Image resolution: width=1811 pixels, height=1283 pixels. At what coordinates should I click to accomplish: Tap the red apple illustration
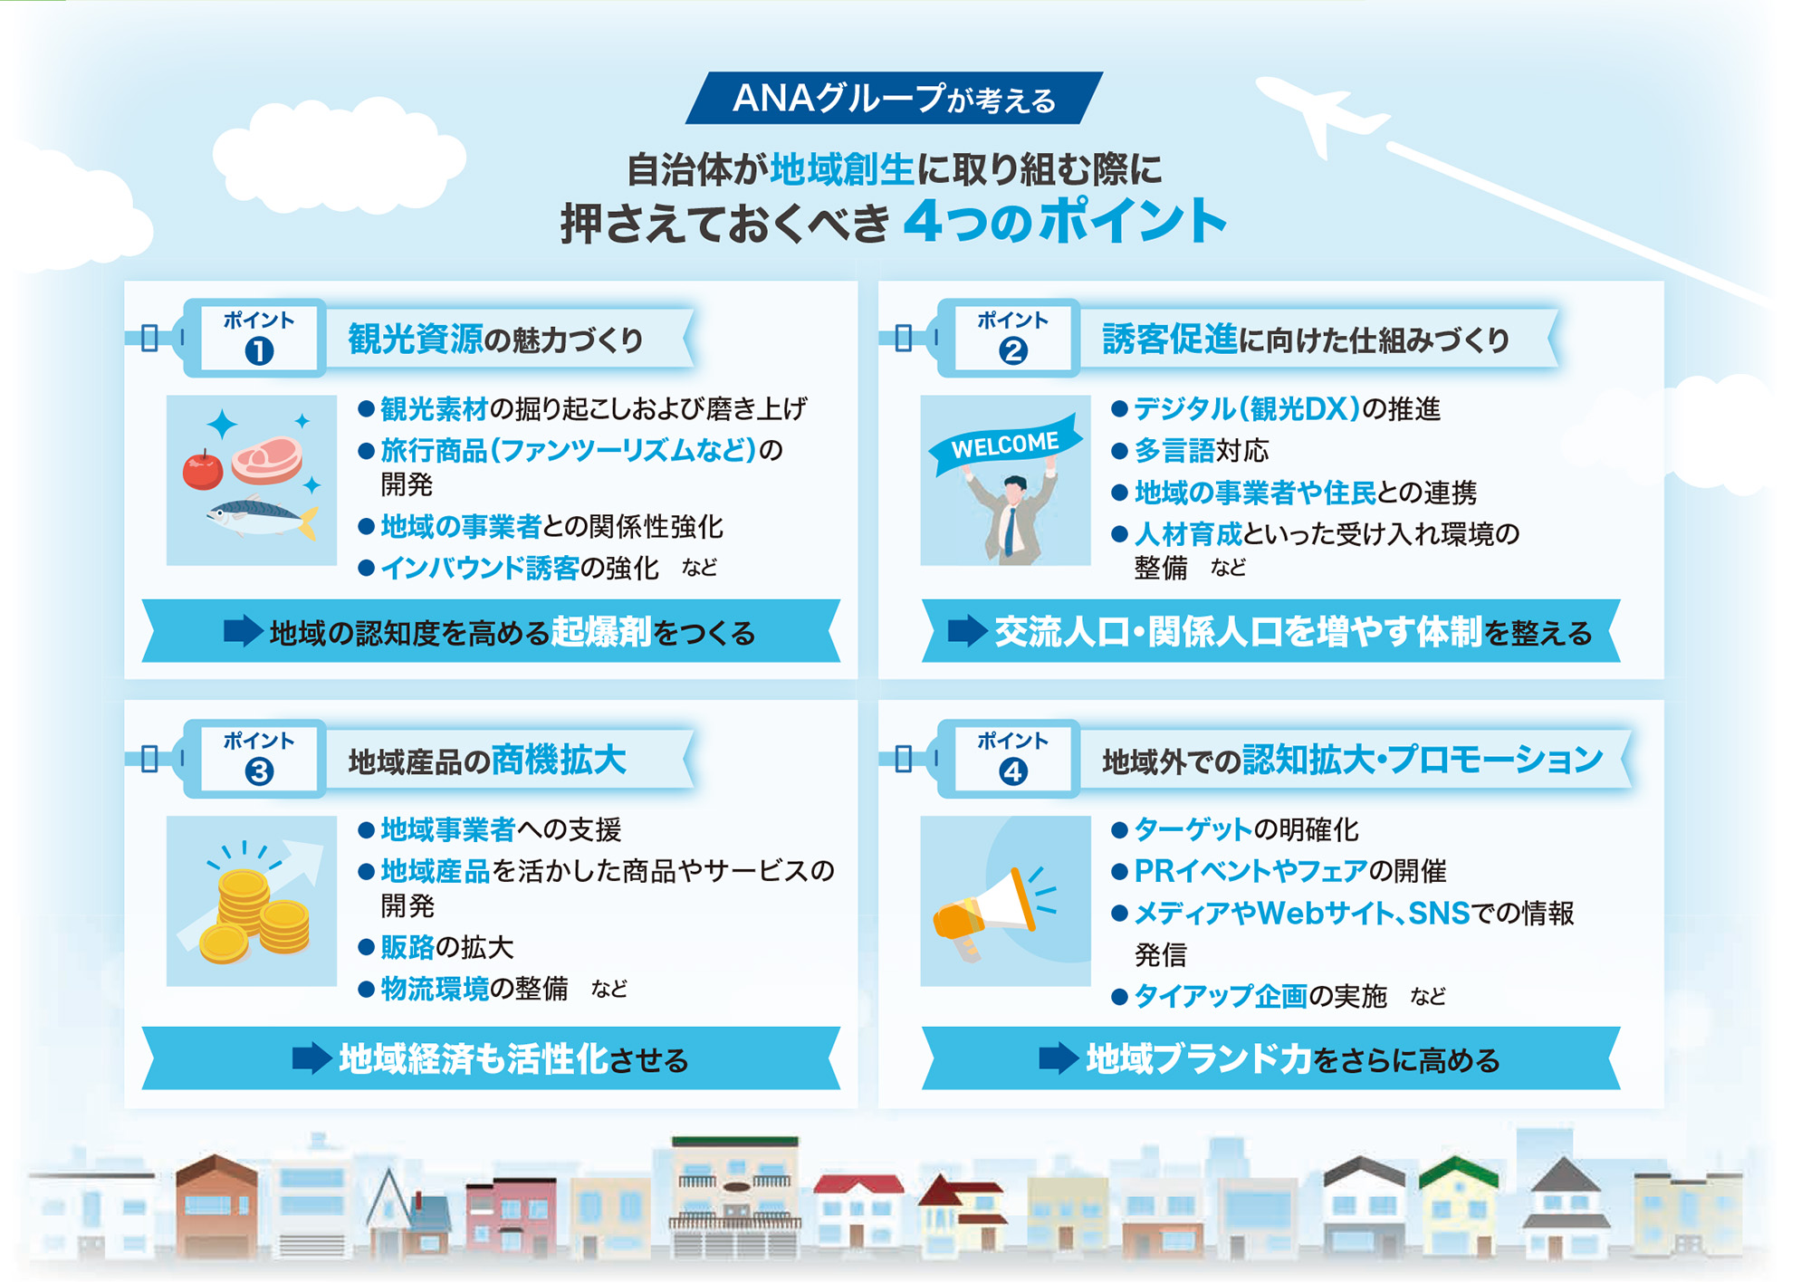coord(203,470)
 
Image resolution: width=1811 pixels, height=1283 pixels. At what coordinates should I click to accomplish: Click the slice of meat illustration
coord(267,459)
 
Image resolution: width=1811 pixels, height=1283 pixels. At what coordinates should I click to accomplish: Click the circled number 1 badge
coord(259,350)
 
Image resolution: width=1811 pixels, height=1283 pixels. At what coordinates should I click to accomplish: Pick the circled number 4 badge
coord(1012,771)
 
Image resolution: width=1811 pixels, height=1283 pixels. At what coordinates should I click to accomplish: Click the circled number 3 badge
coord(259,771)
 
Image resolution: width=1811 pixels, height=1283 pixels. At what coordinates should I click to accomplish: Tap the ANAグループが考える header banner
coord(894,98)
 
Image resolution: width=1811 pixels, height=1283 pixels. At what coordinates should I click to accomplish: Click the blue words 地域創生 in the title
coord(842,169)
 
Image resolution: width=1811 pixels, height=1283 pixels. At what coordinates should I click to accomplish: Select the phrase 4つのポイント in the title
coord(1065,221)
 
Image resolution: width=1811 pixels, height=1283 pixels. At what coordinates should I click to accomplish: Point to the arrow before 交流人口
coord(967,631)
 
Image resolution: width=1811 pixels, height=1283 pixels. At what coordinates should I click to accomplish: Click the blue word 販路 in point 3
coord(407,947)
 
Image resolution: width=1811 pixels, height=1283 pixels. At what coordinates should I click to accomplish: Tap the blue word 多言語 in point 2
coord(1174,451)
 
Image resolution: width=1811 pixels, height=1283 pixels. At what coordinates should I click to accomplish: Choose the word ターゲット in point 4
coord(1193,829)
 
